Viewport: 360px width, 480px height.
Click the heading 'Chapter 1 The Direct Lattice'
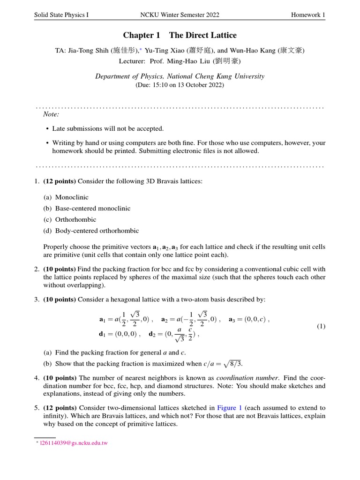pyautogui.click(x=180, y=35)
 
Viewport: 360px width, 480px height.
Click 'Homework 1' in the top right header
pyautogui.click(x=308, y=15)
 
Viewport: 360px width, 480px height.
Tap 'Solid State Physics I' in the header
pyautogui.click(x=61, y=15)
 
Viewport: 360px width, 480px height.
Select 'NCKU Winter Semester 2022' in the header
pyautogui.click(x=180, y=15)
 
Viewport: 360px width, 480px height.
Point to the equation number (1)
pyautogui.click(x=321, y=326)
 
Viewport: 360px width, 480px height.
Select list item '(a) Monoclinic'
pyautogui.click(x=66, y=197)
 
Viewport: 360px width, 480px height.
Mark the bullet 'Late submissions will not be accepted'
pyautogui.click(x=108, y=128)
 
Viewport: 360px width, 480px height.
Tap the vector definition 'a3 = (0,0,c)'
pyautogui.click(x=248, y=319)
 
